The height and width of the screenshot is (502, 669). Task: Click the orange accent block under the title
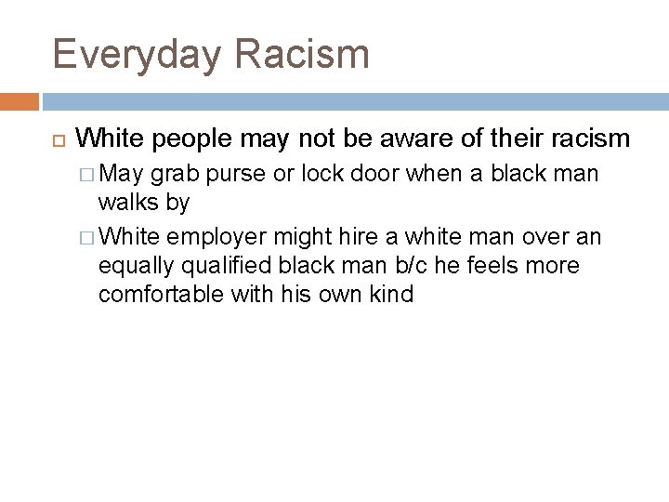pos(20,99)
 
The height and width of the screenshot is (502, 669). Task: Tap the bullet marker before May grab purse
pos(87,174)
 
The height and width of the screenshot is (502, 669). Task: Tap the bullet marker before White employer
pos(87,238)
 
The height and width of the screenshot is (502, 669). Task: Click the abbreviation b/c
pos(425,266)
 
